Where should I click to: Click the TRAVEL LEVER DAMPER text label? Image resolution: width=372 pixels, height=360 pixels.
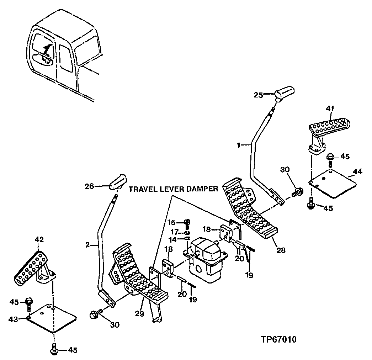pos(173,189)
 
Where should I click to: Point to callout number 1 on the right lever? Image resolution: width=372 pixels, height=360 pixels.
pos(239,145)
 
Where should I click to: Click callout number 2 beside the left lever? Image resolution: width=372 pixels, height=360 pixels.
pos(88,245)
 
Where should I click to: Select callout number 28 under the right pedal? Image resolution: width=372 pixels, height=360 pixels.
pos(281,250)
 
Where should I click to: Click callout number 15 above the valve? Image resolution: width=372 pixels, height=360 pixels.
pos(172,222)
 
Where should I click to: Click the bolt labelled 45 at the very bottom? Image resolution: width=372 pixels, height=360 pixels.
pos(54,349)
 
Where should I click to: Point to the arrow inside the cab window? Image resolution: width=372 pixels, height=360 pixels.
pos(45,50)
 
